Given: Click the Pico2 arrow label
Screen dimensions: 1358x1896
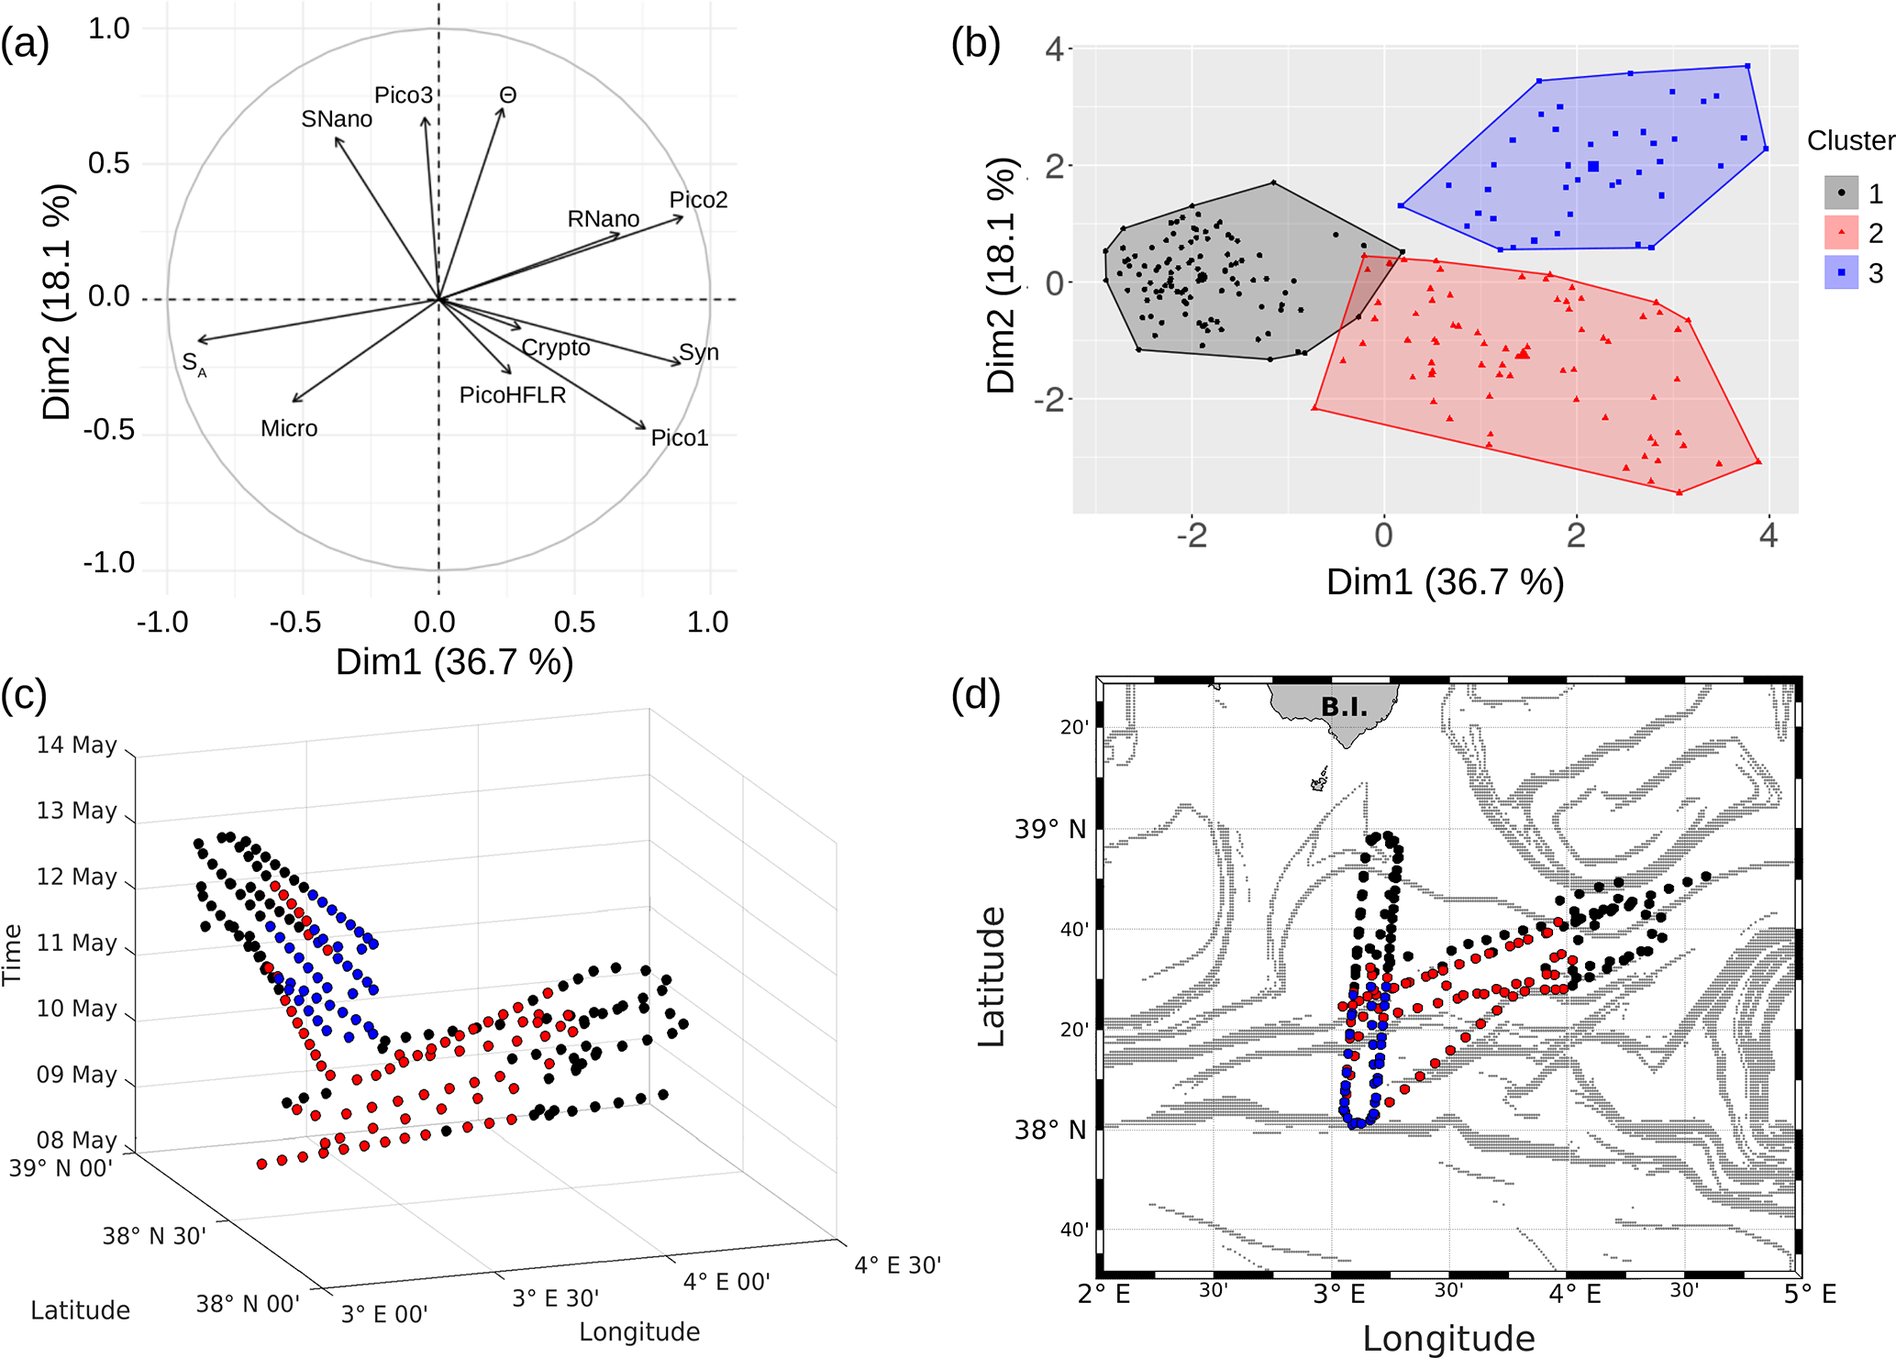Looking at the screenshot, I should tap(698, 200).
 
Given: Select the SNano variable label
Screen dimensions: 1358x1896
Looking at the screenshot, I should tap(337, 119).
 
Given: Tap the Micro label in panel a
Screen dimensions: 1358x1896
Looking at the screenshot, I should tap(289, 428).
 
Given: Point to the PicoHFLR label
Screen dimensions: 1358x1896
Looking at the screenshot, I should tap(513, 395).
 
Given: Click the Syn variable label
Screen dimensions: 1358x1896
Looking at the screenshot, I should tap(699, 353).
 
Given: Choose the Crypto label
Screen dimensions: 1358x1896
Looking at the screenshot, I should tap(556, 348).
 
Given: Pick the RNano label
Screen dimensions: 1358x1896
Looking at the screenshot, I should tap(604, 219).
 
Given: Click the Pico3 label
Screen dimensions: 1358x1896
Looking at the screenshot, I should tap(404, 95).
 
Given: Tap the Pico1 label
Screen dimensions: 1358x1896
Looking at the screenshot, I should tap(680, 438).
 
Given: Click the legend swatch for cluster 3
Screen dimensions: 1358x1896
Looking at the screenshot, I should tap(1841, 272).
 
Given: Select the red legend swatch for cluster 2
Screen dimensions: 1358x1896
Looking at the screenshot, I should tap(1841, 233).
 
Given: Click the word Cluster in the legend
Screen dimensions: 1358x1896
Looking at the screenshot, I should tap(1850, 140).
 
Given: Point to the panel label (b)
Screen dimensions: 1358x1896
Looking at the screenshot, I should tap(976, 43).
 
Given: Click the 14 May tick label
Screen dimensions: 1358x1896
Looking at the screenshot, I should tap(77, 745).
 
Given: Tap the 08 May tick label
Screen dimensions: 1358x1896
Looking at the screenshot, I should tap(77, 1140).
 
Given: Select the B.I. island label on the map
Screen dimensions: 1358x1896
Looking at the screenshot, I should tap(1344, 707).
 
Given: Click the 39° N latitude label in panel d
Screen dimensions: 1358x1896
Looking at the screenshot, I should tap(1050, 830).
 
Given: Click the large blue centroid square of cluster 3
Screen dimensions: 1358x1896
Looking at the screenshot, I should tap(1593, 166).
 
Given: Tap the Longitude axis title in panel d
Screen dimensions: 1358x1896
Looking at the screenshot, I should tap(1448, 1338).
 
